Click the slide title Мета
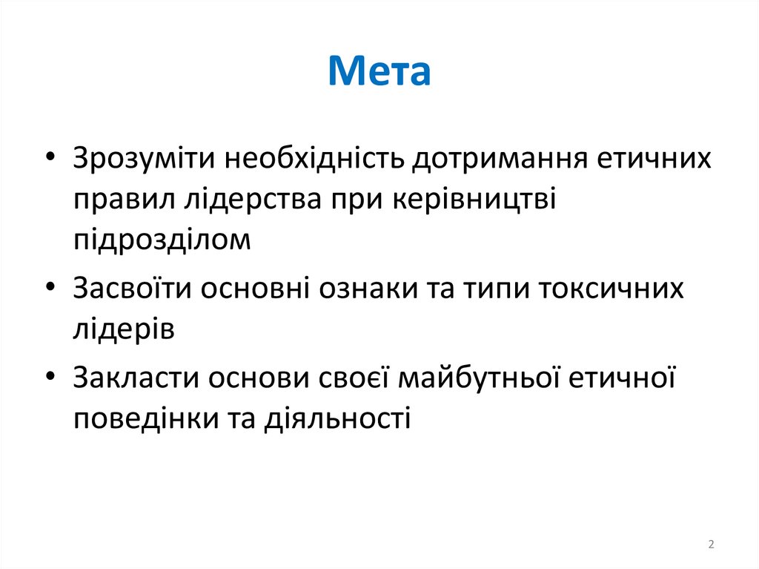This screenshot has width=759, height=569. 379,73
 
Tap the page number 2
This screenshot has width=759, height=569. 712,545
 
